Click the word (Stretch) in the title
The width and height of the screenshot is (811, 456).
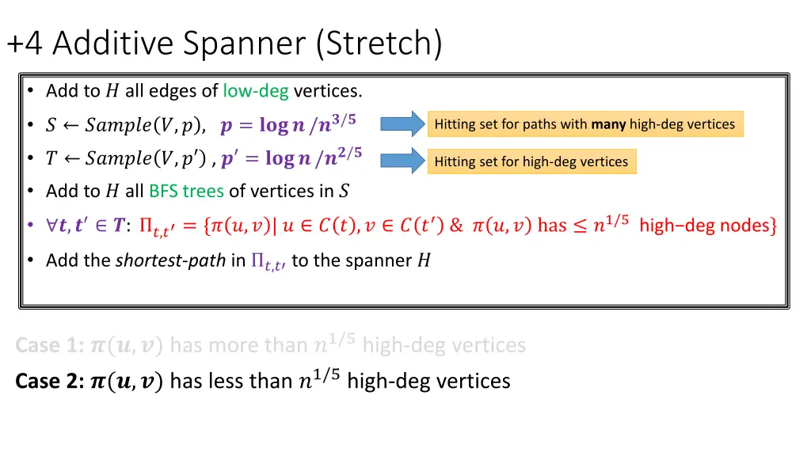point(379,44)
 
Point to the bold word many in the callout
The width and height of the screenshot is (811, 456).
point(608,123)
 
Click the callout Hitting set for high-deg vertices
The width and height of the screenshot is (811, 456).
point(531,162)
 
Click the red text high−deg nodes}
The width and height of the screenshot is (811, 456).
point(707,226)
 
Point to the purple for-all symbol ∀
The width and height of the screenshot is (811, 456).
point(51,226)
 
